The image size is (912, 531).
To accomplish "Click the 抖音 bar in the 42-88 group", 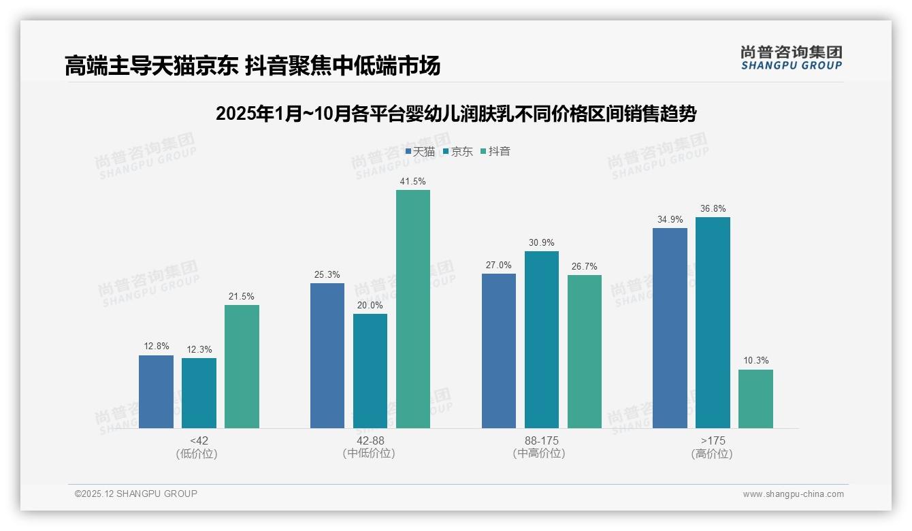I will (x=413, y=309).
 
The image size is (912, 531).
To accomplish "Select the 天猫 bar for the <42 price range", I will (x=156, y=391).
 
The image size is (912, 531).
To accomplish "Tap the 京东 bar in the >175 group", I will (x=713, y=323).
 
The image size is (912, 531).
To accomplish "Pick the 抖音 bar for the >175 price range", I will (x=755, y=399).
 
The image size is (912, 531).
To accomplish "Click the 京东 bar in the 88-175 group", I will (x=541, y=340).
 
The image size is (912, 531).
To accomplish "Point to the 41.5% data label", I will (x=413, y=182).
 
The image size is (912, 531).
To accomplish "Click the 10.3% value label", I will (x=755, y=361).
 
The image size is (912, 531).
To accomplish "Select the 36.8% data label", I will (x=713, y=209).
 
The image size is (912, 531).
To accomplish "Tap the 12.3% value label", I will (x=199, y=349).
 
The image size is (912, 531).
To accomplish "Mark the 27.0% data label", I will (x=498, y=265).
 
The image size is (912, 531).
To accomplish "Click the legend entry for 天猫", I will (x=420, y=152).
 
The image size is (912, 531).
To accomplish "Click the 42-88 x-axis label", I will (x=370, y=440).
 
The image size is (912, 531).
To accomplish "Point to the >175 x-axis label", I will (x=713, y=440).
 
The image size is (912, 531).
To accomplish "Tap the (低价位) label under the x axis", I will (x=197, y=453).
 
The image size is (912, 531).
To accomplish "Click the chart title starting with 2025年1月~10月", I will (x=455, y=114).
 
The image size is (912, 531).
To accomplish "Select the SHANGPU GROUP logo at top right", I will (x=791, y=58).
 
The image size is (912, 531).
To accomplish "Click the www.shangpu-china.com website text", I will (x=793, y=494).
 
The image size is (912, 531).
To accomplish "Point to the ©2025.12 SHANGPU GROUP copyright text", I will (x=136, y=494).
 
